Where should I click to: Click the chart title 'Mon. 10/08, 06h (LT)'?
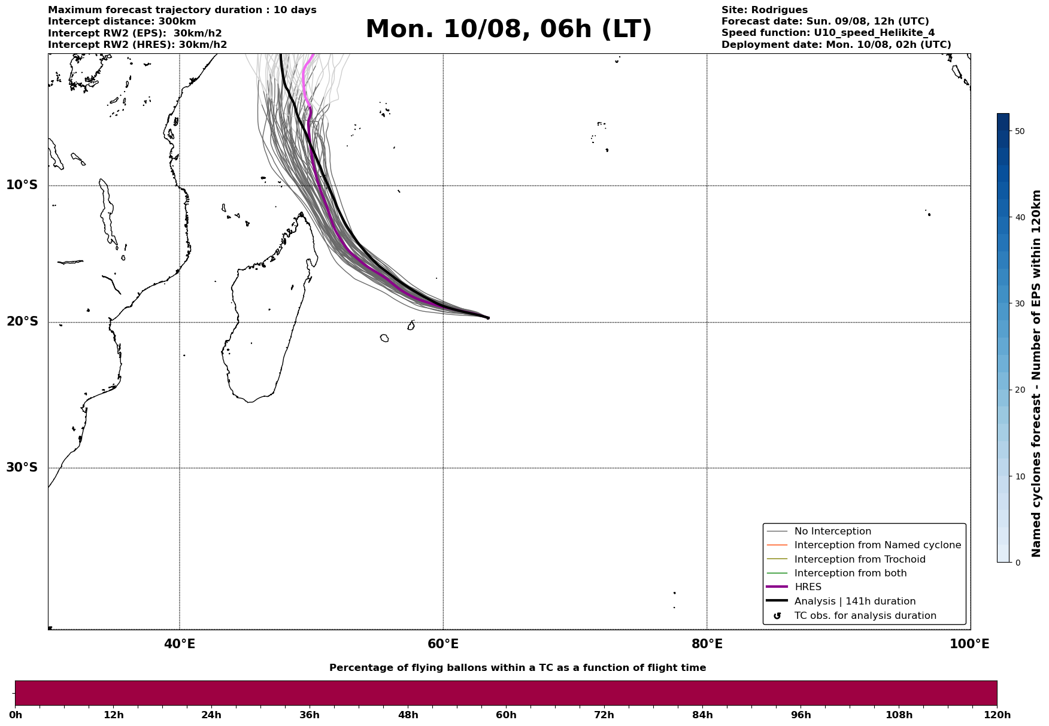508,29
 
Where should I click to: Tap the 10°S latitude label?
22,185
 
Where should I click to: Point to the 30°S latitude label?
22,467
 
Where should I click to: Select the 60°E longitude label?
443,644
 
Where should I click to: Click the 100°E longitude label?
969,644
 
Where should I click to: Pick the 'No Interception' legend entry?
832,531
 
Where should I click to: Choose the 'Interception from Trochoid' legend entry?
860,560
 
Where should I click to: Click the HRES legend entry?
808,587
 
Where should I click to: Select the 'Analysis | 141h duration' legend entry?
854,602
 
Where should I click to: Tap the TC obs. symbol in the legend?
777,616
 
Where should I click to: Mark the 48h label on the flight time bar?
408,715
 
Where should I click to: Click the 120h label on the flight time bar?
997,715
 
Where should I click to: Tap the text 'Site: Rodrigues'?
765,10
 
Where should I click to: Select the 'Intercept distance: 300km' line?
122,22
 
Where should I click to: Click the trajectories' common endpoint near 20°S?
488,318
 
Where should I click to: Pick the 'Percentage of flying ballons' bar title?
517,668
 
